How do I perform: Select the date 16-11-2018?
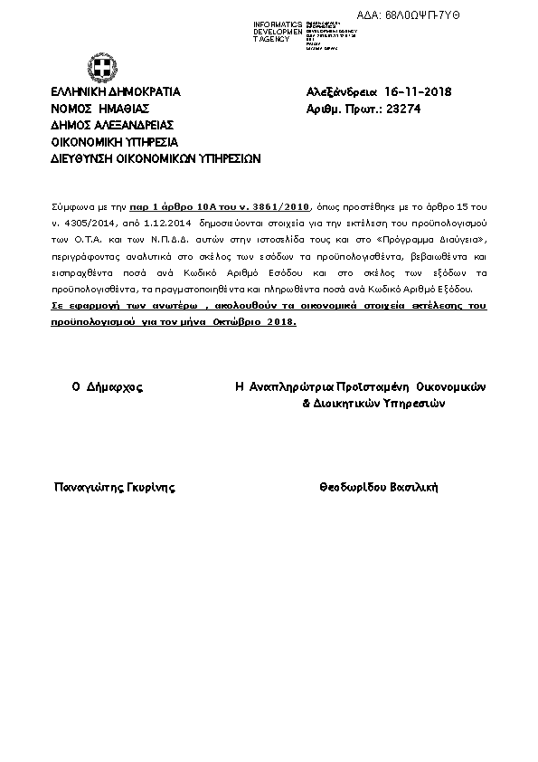coord(418,92)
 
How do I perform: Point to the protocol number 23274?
coord(403,109)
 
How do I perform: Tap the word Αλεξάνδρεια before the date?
coord(341,92)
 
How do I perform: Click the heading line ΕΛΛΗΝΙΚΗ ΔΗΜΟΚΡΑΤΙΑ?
coord(116,92)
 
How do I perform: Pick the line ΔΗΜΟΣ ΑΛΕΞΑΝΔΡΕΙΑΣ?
coord(112,125)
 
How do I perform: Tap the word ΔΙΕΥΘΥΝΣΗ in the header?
coord(82,157)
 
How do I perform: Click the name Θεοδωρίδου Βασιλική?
coord(378,487)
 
